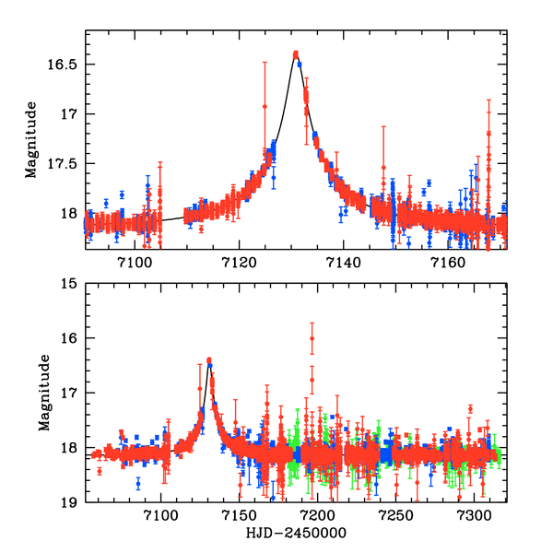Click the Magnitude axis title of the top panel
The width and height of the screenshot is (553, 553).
pos(32,138)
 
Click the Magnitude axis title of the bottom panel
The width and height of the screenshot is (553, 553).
pos(44,393)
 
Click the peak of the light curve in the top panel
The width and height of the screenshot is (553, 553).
pos(296,54)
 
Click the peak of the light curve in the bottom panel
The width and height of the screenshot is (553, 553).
pos(208,360)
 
